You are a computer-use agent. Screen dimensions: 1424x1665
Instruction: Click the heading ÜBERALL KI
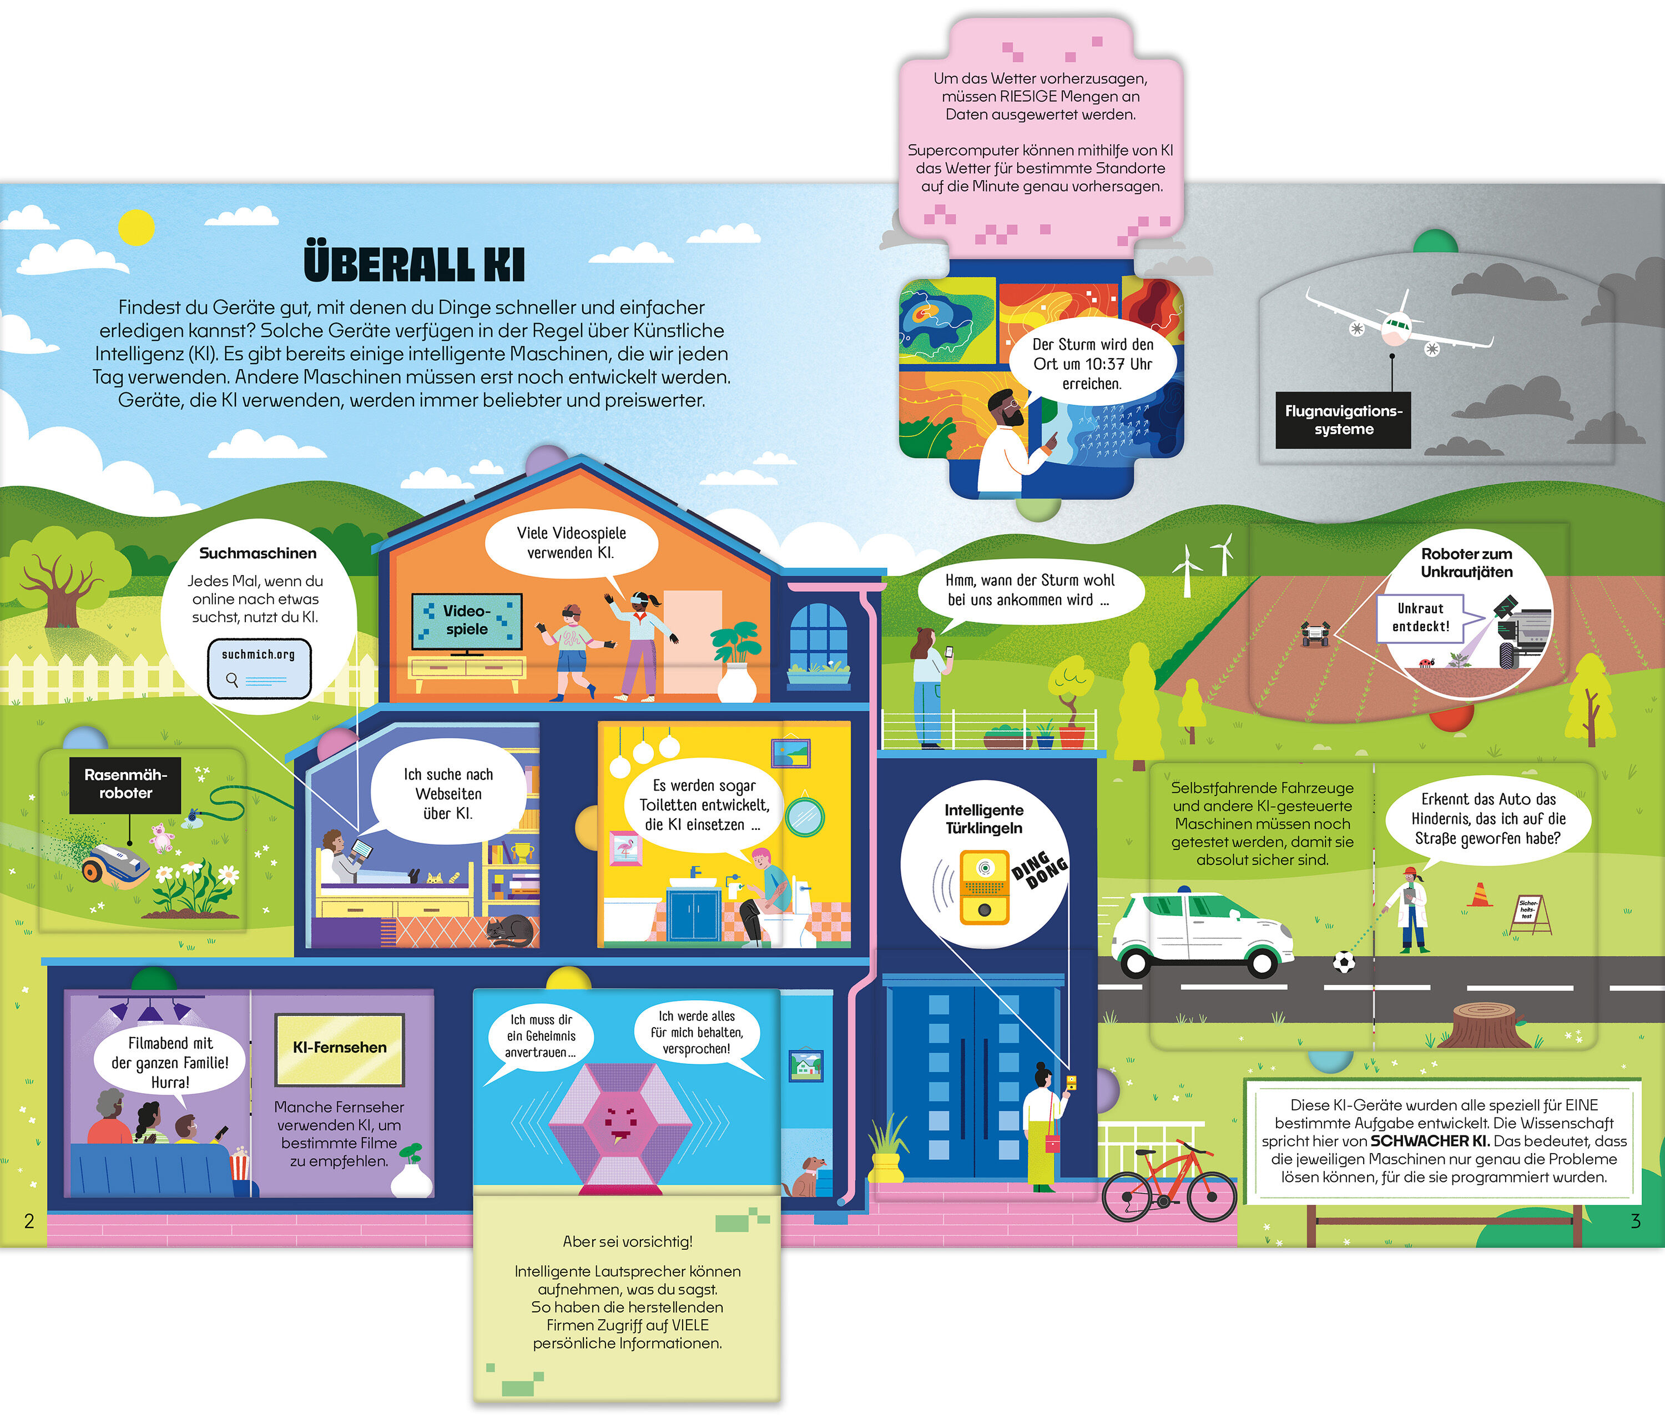414,264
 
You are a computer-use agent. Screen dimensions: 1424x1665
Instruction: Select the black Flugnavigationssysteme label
1343,420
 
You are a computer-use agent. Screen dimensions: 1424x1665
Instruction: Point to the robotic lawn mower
114,863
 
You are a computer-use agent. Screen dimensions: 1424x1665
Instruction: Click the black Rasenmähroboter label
125,783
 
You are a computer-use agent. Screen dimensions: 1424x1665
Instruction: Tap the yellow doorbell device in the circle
985,888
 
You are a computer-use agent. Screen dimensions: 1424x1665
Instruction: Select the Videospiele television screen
467,620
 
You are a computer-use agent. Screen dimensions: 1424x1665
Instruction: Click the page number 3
1634,1221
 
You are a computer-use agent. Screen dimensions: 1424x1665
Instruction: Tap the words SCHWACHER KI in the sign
1430,1141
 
